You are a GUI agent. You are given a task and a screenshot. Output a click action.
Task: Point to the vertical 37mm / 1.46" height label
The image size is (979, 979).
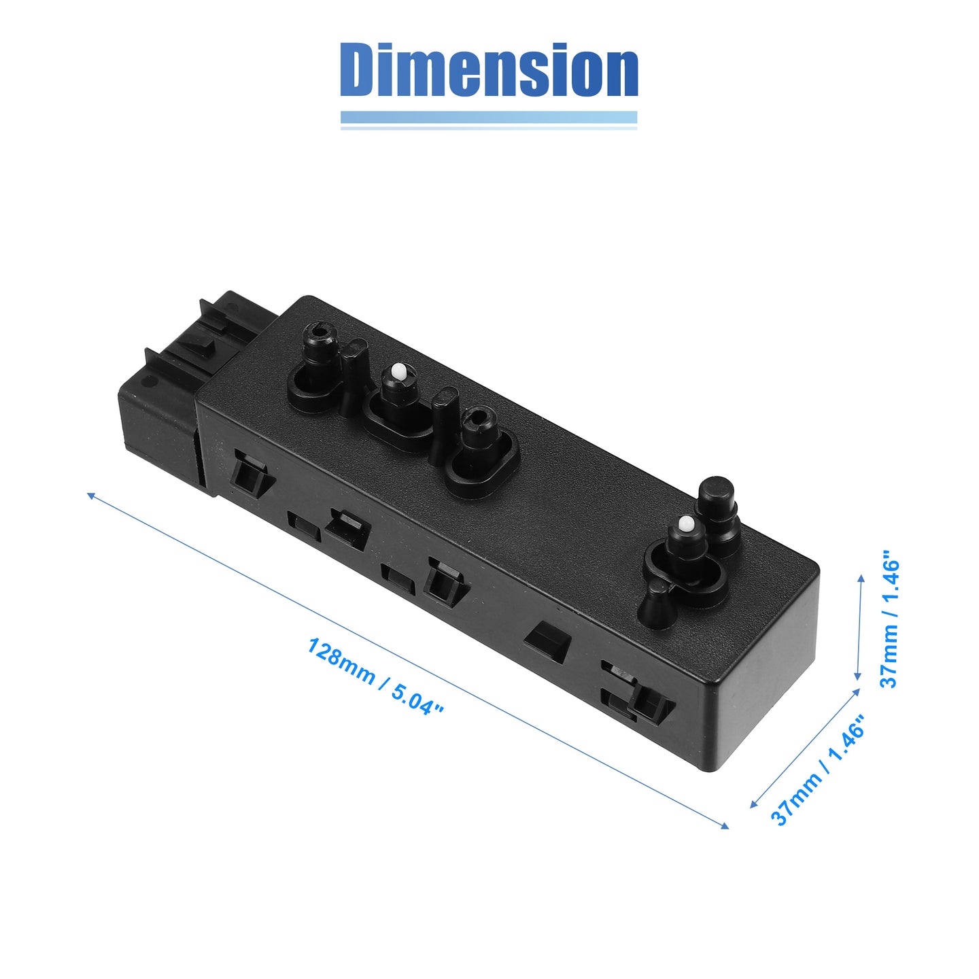(889, 618)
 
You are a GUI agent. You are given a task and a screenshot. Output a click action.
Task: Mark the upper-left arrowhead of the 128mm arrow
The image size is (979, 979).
(92, 496)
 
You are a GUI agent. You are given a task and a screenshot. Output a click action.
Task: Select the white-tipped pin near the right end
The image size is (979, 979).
(687, 545)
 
